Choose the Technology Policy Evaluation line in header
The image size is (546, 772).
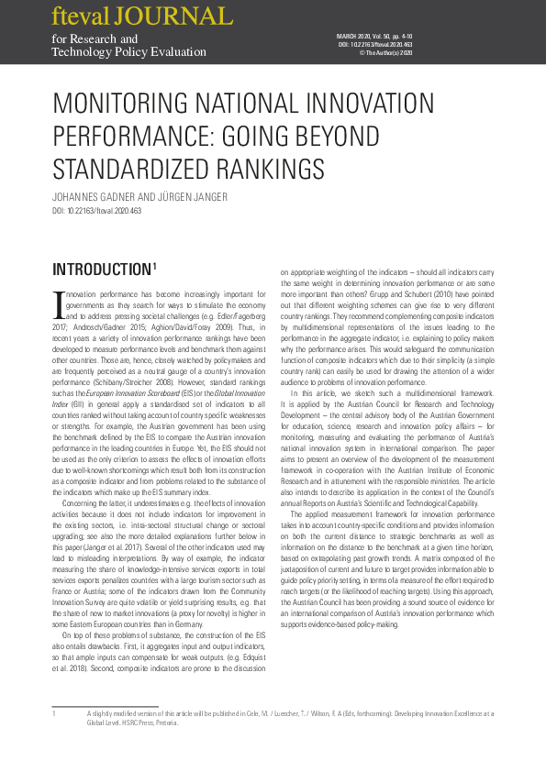coord(129,52)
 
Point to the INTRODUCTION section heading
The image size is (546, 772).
coord(102,270)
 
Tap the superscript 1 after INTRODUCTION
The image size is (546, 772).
coord(156,266)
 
